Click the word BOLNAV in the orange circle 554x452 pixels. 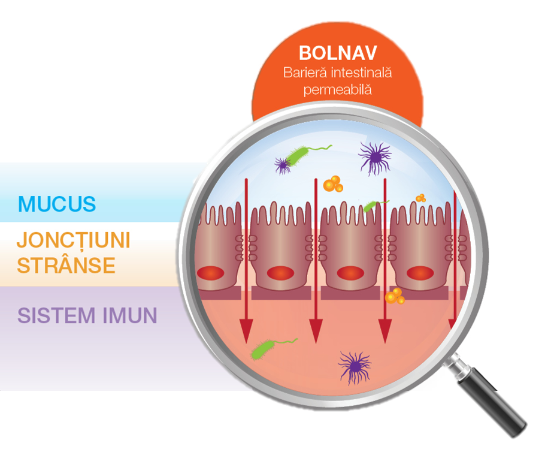click(337, 53)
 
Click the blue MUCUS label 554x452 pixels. click(57, 204)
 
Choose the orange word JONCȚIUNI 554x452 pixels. click(73, 240)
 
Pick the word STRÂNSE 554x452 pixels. click(66, 264)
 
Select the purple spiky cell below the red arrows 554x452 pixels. click(355, 367)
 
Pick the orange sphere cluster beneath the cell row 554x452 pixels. click(394, 296)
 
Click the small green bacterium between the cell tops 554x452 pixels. click(373, 206)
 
